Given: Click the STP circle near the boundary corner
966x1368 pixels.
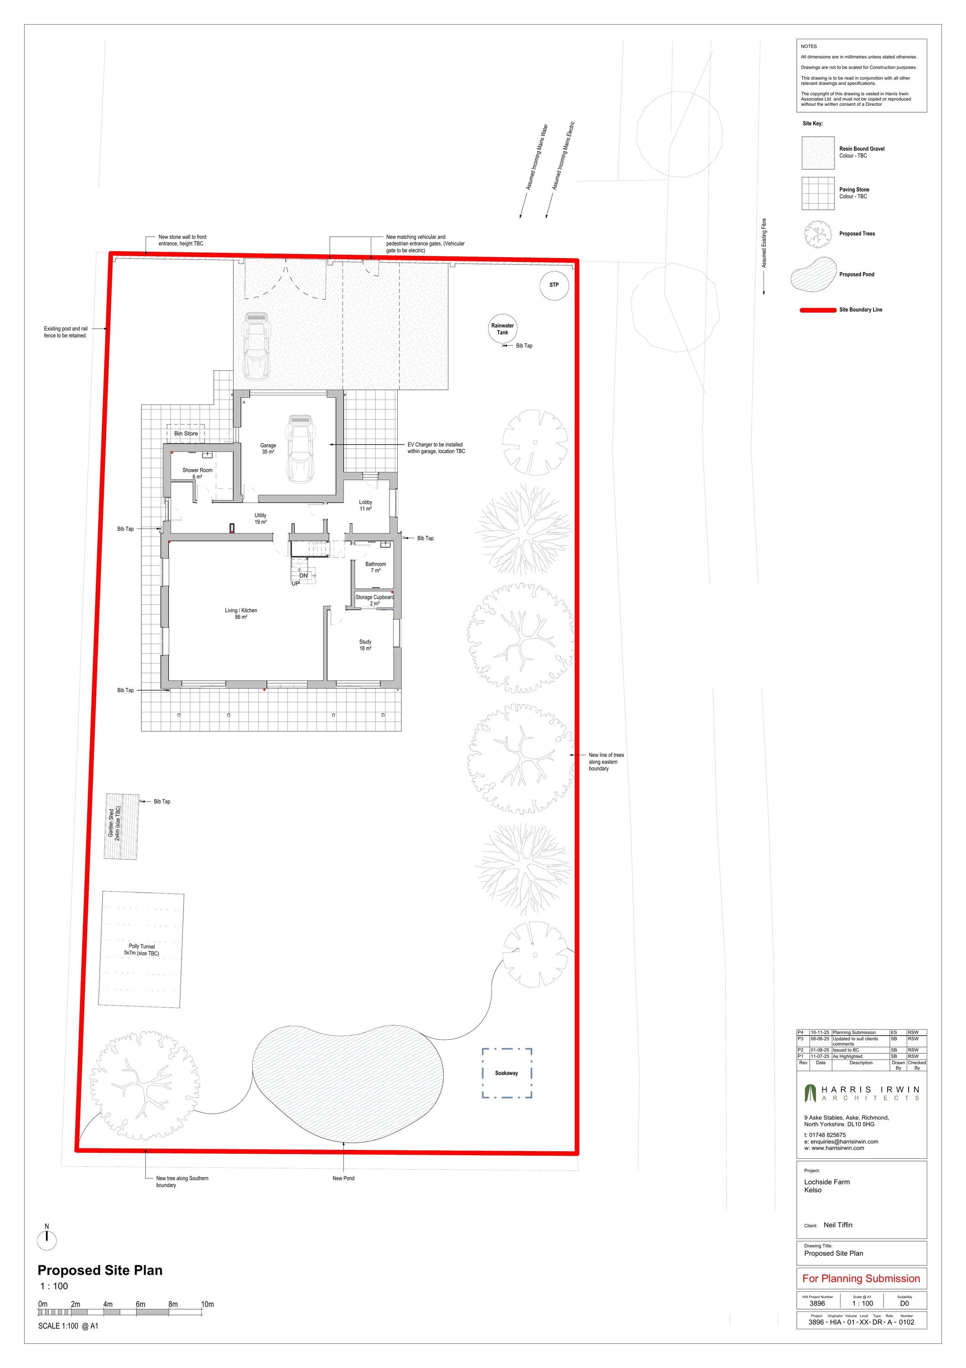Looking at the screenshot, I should click(x=554, y=285).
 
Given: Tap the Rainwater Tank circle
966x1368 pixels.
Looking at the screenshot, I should click(x=502, y=329).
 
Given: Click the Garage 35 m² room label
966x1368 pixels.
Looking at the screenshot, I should click(x=268, y=449).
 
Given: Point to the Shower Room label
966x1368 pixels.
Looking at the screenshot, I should click(x=197, y=473).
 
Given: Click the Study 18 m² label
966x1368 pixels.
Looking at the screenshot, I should click(x=365, y=645).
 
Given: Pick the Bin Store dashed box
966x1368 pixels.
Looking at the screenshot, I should click(x=186, y=434).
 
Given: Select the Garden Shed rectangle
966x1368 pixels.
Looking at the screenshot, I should click(x=122, y=826).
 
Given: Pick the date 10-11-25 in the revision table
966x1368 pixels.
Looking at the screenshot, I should click(x=820, y=1032).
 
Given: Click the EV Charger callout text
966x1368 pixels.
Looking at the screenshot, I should click(x=436, y=448).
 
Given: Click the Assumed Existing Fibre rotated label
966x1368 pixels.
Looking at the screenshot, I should click(x=764, y=243).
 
